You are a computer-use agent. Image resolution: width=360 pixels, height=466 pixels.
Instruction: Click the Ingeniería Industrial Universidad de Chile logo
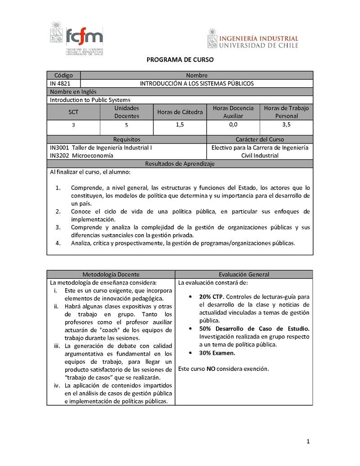[x=252, y=38]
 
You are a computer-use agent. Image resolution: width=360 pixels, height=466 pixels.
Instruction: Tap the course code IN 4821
[x=58, y=83]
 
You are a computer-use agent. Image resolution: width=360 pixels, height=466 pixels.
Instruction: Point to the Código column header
[x=63, y=75]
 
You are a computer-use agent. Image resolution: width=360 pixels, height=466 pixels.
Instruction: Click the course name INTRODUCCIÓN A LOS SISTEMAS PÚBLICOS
[x=197, y=83]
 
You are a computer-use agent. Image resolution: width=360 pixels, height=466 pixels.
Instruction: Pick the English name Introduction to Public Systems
[x=90, y=100]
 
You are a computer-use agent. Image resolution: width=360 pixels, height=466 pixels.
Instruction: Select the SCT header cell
[x=73, y=112]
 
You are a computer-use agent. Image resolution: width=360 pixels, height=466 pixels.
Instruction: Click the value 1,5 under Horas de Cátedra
[x=180, y=125]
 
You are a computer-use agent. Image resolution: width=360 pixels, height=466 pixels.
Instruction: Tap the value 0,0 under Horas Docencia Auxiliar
[x=233, y=125]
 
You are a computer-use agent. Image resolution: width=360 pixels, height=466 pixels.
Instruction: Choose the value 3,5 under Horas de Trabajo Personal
[x=286, y=125]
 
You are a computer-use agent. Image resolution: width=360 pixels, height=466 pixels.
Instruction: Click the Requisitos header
[x=126, y=139]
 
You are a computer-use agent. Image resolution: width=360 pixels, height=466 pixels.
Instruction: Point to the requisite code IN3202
[x=59, y=155]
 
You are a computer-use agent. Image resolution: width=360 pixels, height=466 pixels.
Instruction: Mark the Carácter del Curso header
[x=260, y=139]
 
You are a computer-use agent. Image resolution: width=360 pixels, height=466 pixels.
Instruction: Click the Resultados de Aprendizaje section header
[x=180, y=163]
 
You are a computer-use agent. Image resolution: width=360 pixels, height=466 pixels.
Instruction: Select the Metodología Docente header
[x=111, y=274]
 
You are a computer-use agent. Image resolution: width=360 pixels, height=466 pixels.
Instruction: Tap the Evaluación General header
[x=244, y=274]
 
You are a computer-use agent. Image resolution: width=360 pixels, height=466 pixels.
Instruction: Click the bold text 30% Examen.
[x=217, y=353]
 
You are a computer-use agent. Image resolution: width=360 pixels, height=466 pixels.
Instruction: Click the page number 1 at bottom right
[x=308, y=442]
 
